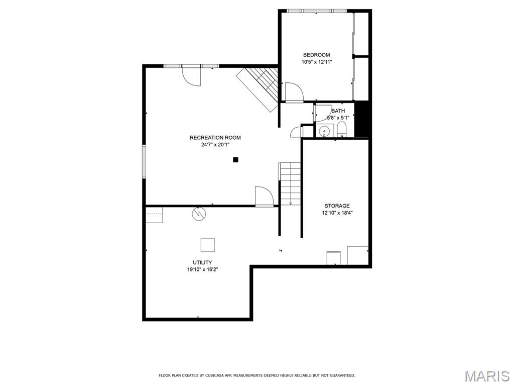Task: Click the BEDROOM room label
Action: coord(316,55)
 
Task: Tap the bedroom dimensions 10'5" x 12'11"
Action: coord(316,62)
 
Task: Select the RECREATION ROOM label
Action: coord(215,138)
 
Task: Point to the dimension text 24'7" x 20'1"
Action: coord(215,145)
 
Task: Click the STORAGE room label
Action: coord(337,206)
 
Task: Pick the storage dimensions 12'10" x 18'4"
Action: coord(337,213)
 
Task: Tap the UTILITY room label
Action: coord(202,262)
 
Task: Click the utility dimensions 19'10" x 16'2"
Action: coord(202,269)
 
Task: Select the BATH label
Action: coord(338,111)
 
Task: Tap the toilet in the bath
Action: coord(342,130)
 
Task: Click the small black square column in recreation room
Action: coord(235,160)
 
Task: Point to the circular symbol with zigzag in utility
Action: coord(199,214)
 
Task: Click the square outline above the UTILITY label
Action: coord(208,245)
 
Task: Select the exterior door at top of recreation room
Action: coord(191,75)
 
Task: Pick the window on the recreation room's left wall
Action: coord(144,161)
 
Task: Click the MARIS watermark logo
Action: coord(486,376)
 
